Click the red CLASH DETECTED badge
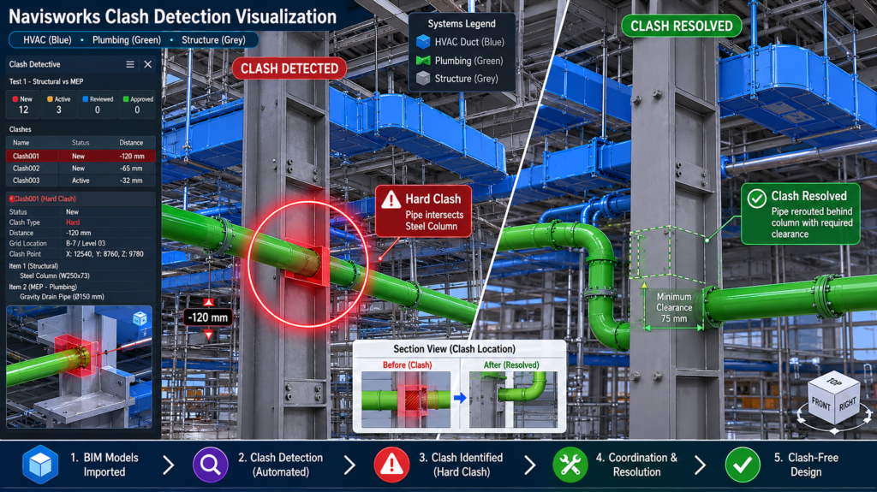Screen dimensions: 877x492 click(x=289, y=68)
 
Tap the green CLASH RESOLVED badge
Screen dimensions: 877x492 click(x=681, y=26)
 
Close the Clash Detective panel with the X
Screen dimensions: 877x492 click(x=147, y=64)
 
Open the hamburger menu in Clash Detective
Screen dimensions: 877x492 click(x=130, y=64)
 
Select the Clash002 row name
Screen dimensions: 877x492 click(x=27, y=169)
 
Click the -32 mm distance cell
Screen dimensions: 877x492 click(x=131, y=181)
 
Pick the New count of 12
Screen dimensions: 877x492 click(x=23, y=110)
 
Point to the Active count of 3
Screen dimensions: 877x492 click(x=59, y=110)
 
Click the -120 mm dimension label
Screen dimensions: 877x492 click(x=207, y=317)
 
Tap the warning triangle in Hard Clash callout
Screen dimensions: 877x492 click(x=391, y=199)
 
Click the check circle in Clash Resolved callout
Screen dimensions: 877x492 click(x=757, y=199)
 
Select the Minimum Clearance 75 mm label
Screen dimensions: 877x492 click(x=674, y=307)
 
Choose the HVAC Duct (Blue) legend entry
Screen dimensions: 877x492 click(x=460, y=42)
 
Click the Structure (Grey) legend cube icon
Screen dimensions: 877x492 click(x=423, y=78)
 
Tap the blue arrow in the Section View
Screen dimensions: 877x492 click(x=460, y=398)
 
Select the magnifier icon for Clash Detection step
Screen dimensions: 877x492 click(x=211, y=465)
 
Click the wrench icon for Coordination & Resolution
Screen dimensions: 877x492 click(x=570, y=465)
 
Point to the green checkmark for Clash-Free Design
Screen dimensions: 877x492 click(x=743, y=465)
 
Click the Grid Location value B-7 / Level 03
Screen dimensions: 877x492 click(x=86, y=244)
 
